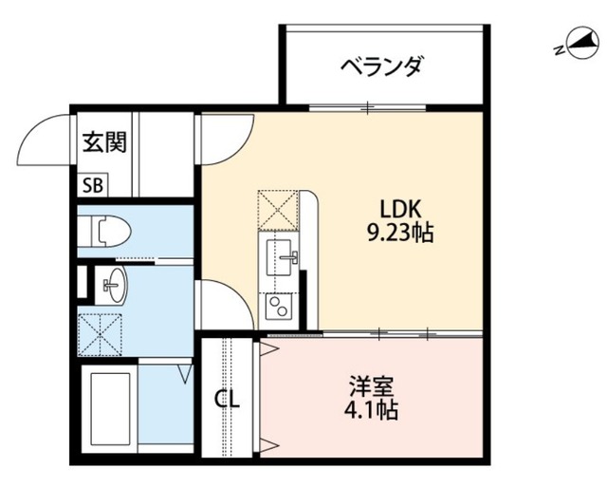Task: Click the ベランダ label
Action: (x=381, y=66)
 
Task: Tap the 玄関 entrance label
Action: (x=105, y=141)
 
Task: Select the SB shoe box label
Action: (x=93, y=186)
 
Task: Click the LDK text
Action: (x=400, y=209)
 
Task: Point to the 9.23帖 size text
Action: (x=400, y=233)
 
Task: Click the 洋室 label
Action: (x=371, y=386)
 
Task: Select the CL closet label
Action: (x=228, y=400)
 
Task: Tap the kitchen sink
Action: (x=278, y=257)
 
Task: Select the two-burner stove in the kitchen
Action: (x=278, y=306)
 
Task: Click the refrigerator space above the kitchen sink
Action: (x=278, y=210)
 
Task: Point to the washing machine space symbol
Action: (x=100, y=335)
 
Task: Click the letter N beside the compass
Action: (x=559, y=50)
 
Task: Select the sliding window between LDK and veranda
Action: (x=367, y=107)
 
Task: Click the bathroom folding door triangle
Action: (x=186, y=373)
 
